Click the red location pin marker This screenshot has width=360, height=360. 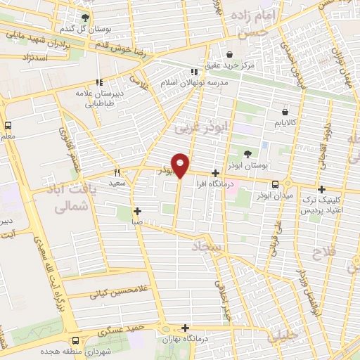point(181,165)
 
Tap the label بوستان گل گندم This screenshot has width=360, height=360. point(86,29)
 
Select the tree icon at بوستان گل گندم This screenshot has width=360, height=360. point(86,18)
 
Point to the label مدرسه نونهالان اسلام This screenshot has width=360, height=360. point(195,83)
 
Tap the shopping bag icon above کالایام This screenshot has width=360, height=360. point(285,112)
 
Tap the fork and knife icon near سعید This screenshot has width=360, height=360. point(117,172)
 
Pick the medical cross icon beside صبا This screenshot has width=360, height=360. point(138,211)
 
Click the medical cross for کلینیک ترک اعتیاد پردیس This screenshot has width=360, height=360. point(321,189)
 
